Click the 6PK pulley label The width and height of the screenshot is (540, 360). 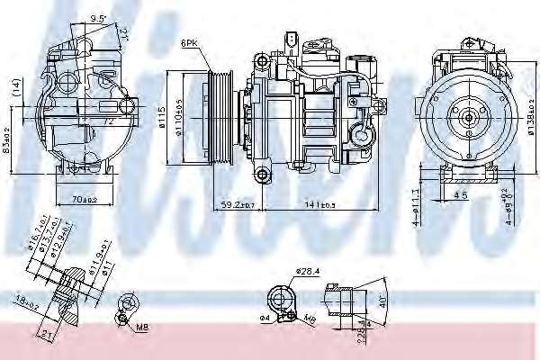(189, 42)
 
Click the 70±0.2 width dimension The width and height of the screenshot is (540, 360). (84, 199)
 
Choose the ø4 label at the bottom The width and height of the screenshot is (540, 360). (265, 317)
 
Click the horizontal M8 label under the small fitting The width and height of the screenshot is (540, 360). (142, 327)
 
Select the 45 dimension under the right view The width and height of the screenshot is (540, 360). (460, 193)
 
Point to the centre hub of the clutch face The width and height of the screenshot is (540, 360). (469, 117)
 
